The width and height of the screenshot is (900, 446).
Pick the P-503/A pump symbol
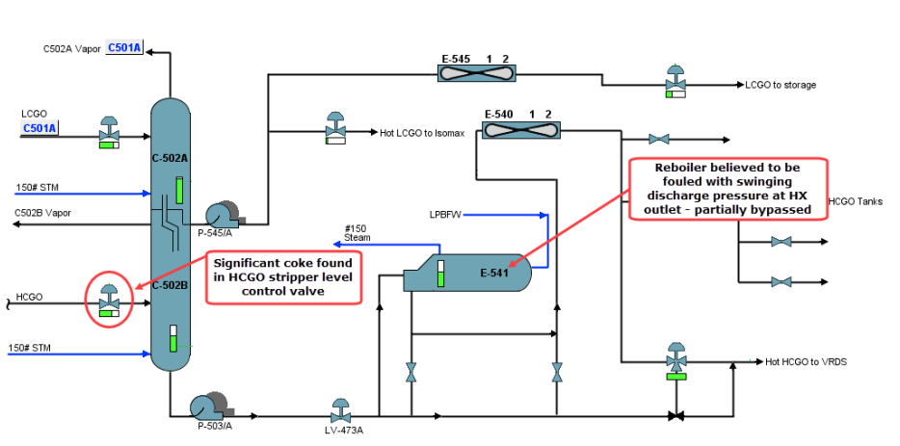(207, 407)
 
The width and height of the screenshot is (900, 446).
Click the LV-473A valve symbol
(339, 409)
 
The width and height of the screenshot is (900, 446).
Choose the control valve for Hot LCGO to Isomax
(336, 130)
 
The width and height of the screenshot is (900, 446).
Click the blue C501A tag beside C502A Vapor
(124, 47)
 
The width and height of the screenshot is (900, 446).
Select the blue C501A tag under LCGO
(40, 127)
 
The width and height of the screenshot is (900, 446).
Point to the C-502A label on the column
(170, 157)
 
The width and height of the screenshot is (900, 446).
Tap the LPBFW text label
(447, 213)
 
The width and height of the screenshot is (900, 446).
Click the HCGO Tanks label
(855, 201)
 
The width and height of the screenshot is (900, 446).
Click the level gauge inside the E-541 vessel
(441, 274)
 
